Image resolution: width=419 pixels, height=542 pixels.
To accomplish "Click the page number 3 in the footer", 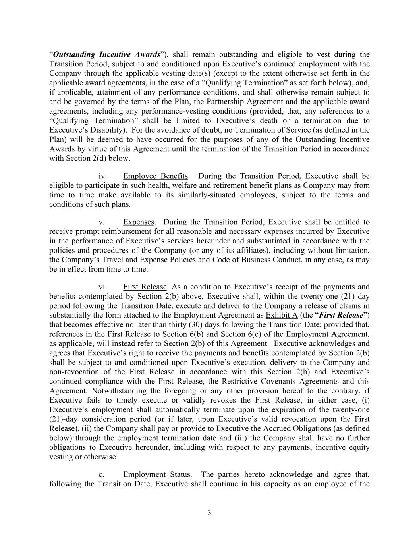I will point(209,513).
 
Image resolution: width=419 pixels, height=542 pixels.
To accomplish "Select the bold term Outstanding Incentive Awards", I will point(106,54).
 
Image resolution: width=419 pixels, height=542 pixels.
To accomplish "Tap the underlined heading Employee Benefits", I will point(155,176).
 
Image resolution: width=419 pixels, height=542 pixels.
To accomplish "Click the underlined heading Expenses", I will point(138,222).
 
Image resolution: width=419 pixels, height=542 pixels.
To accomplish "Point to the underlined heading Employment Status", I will point(156,474).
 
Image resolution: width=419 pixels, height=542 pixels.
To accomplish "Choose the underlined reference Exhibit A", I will point(282,315).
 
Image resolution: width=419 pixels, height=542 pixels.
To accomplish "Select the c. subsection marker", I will point(101,474).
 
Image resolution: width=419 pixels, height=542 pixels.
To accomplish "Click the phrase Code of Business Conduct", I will point(314,260).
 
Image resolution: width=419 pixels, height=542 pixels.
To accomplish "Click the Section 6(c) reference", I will point(238,334).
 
